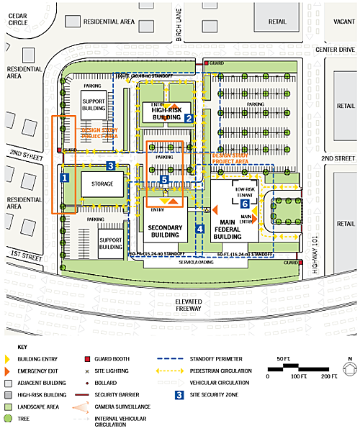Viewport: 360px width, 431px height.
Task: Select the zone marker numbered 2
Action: pyautogui.click(x=188, y=118)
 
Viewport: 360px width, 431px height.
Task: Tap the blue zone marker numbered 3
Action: pyautogui.click(x=110, y=165)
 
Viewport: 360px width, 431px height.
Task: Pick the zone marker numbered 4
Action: pyautogui.click(x=199, y=229)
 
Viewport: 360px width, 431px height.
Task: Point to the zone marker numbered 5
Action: pyautogui.click(x=164, y=179)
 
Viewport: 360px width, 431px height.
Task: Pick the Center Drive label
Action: pyautogui.click(x=336, y=50)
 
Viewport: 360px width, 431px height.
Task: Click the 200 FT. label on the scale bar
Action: pyautogui.click(x=329, y=376)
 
